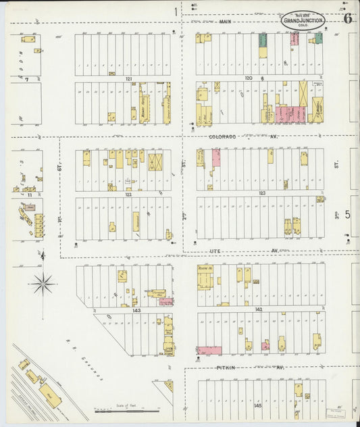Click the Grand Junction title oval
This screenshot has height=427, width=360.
303,20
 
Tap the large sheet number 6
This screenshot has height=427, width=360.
347,19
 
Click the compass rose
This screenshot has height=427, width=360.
43,284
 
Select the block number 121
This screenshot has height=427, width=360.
128,79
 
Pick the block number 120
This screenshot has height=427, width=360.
249,78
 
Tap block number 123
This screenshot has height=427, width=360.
261,193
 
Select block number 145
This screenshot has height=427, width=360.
257,405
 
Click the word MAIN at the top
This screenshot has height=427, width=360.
226,22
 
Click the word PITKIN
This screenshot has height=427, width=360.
226,368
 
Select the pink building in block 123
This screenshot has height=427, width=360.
216,158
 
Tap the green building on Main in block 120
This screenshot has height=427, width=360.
263,40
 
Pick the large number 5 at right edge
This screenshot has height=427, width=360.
348,215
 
